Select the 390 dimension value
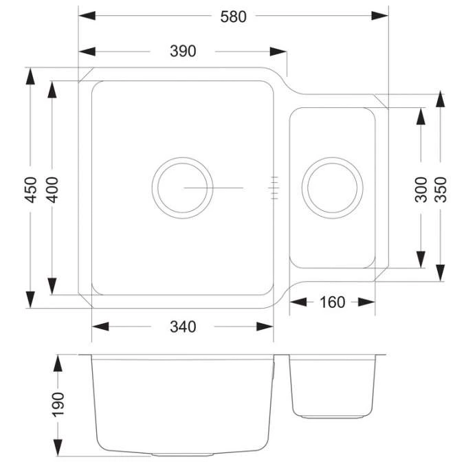point(183,52)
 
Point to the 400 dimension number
point(52,189)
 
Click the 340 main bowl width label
point(183,327)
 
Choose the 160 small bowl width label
point(332,302)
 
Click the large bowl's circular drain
point(182,187)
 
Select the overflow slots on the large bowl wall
point(274,187)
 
